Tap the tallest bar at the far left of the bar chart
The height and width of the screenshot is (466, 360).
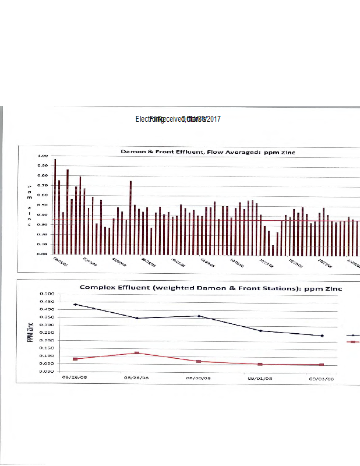(55, 206)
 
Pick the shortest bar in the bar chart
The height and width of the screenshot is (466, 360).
(273, 249)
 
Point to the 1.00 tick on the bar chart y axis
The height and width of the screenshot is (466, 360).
(43, 156)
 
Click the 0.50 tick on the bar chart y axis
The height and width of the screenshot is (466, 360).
(43, 205)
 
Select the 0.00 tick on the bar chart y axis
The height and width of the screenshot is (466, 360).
(43, 254)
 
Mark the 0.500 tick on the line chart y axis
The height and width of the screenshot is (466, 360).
(63, 294)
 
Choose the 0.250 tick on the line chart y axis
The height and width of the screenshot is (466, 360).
(63, 333)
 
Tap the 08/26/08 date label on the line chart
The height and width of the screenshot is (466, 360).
(74, 377)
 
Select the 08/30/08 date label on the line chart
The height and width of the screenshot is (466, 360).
(199, 377)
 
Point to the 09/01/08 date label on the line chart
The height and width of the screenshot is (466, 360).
(260, 377)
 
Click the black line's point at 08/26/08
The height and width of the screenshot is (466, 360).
(75, 304)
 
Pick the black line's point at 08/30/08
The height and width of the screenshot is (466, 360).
(199, 316)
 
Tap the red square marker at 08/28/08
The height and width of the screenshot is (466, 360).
(137, 353)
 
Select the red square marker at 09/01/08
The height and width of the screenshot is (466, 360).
(260, 364)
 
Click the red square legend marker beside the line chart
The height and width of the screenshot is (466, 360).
(352, 342)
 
